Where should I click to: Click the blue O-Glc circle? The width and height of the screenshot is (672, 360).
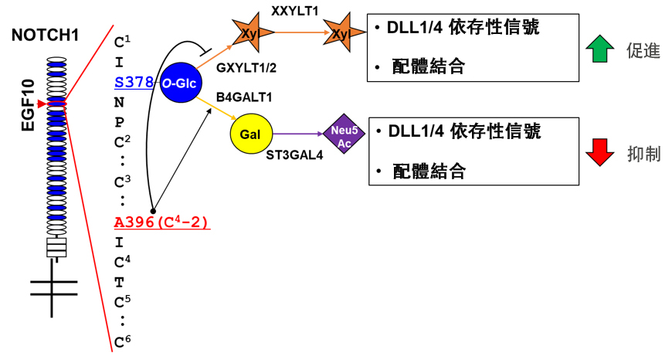coord(181,83)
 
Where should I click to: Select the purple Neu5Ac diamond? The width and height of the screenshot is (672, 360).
coord(344,134)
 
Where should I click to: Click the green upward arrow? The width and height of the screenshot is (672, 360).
coord(599,49)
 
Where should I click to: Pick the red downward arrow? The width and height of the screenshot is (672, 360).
coord(599,152)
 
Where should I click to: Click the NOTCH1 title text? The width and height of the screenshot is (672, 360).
coord(46,35)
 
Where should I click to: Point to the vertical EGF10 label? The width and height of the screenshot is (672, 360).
coord(29,105)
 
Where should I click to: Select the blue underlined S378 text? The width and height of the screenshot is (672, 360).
coord(134,82)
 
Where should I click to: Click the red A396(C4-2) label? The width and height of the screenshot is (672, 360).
coord(162,222)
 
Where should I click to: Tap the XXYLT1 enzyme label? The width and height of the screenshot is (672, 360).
coord(294,11)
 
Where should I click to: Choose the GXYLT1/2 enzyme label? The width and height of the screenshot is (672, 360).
coord(246,68)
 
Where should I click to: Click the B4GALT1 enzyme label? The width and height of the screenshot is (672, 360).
coord(244,97)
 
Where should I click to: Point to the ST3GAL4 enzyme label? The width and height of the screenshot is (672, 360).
coord(294,155)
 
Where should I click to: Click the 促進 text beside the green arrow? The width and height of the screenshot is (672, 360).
coord(643,51)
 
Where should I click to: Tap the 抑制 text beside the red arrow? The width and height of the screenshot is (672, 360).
coord(643,154)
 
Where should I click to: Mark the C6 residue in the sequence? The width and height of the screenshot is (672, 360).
coord(122,341)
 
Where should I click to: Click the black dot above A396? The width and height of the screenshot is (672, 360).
coord(153,211)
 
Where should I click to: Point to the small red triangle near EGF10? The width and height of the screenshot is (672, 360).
coord(41,104)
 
